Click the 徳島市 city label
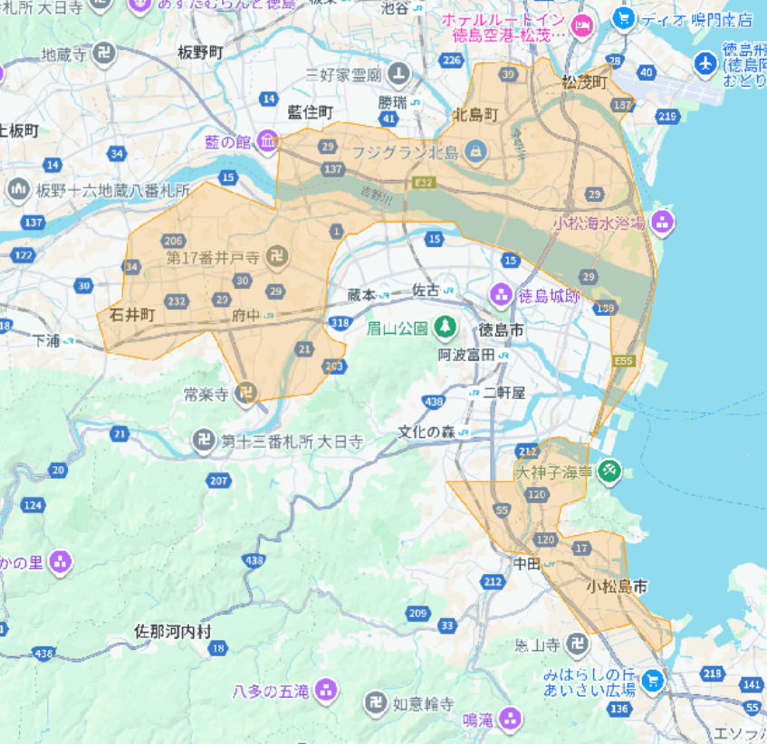coord(502,329)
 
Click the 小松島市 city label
coord(617,586)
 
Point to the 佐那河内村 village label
coord(172,630)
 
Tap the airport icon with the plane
coord(705,62)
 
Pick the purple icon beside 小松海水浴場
coord(663,222)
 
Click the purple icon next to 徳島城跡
coord(500,294)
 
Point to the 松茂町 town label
coord(583,81)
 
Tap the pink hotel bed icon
coord(583,22)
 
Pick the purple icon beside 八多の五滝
coord(326,692)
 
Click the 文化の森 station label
coord(427,432)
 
